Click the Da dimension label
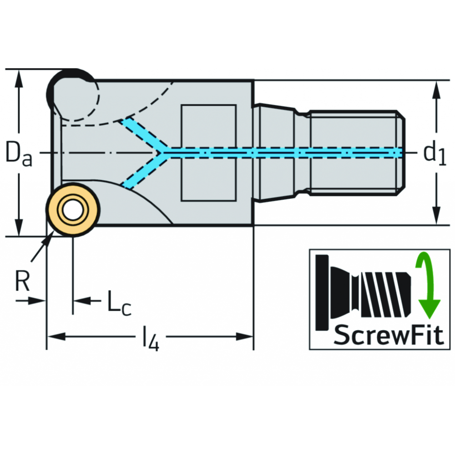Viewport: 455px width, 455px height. (x=19, y=153)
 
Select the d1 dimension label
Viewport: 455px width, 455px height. (x=435, y=154)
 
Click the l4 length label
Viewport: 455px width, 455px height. (x=151, y=339)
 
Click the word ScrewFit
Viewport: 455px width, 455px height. (x=388, y=336)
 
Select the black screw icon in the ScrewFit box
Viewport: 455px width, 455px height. (x=364, y=291)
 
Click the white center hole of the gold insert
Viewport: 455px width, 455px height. (x=71, y=210)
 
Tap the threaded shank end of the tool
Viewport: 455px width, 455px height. (x=355, y=153)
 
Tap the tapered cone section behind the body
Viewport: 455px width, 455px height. (x=275, y=153)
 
